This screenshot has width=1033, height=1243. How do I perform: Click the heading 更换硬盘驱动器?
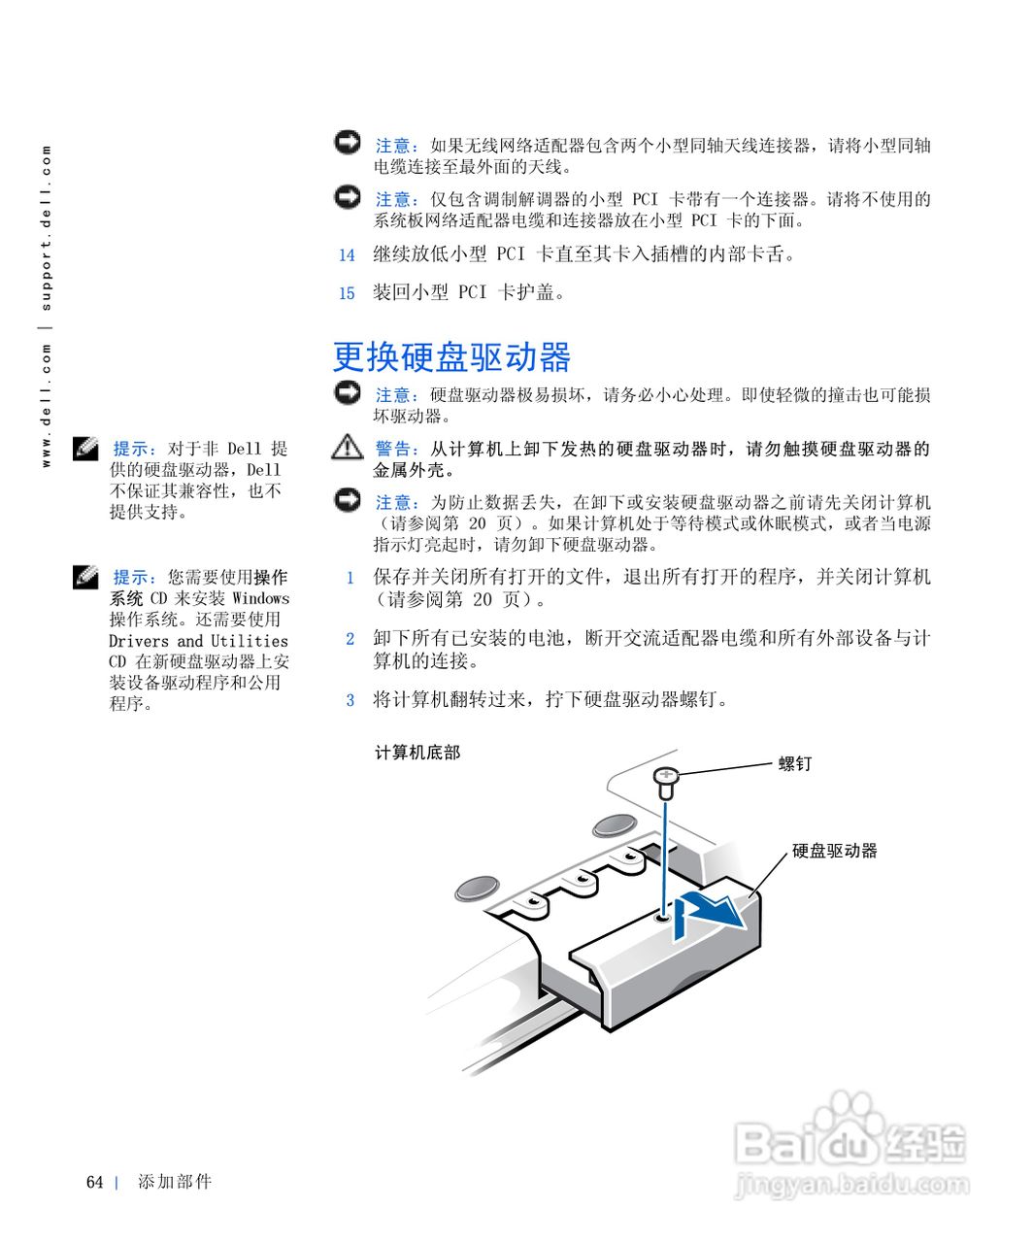tap(451, 356)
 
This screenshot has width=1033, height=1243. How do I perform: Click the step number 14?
tap(347, 255)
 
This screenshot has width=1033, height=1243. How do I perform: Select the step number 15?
tap(347, 293)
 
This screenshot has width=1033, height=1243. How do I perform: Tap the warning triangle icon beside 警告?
tap(347, 448)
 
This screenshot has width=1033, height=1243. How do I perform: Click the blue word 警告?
tap(397, 450)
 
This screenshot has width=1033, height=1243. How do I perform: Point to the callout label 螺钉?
tap(794, 764)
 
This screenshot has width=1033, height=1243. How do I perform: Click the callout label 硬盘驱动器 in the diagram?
tap(834, 851)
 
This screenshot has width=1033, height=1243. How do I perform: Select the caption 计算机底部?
tap(417, 753)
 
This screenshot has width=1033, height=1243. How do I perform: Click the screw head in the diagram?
tap(666, 776)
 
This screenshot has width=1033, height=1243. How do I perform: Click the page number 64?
tap(94, 1182)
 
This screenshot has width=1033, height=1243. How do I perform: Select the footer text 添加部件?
tap(175, 1182)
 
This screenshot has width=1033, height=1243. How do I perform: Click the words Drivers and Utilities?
tap(198, 641)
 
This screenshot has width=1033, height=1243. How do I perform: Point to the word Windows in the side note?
tap(260, 598)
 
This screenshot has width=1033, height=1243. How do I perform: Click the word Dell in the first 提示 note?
tap(244, 449)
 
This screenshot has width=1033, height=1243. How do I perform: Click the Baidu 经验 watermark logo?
tap(850, 1136)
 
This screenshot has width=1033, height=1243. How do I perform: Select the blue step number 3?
tap(350, 700)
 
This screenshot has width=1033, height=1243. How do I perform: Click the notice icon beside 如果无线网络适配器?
tap(347, 143)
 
